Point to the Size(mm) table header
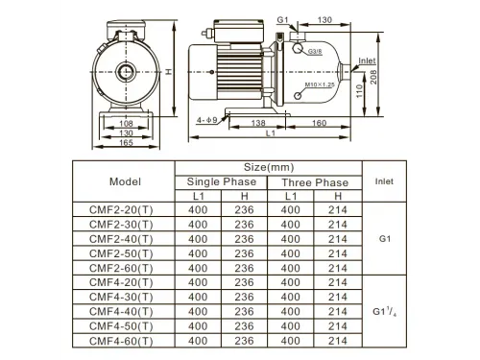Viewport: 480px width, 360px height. click(x=267, y=166)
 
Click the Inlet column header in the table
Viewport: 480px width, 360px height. click(x=383, y=179)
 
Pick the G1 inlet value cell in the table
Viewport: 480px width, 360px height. click(x=383, y=238)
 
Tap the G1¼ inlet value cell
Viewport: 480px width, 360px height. click(x=383, y=311)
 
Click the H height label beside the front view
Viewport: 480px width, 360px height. click(x=169, y=72)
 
